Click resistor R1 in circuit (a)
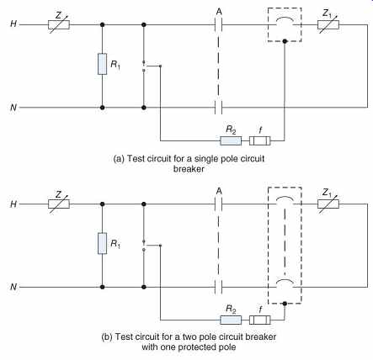[x=102, y=64]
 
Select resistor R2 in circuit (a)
[x=231, y=140]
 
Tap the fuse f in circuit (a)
[x=260, y=140]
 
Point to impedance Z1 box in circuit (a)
[x=328, y=24]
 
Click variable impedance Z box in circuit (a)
[x=59, y=24]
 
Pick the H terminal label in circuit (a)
[x=13, y=24]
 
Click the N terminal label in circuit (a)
[x=13, y=108]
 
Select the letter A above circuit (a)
[x=219, y=12]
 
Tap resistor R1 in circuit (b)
[x=102, y=243]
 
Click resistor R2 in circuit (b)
[x=231, y=320]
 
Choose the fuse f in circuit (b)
[x=260, y=320]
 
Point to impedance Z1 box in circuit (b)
[x=328, y=204]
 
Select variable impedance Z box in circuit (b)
[x=59, y=204]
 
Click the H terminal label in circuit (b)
[x=13, y=204]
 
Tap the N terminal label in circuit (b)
[x=13, y=287]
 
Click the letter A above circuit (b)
[x=219, y=191]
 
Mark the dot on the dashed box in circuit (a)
[x=285, y=41]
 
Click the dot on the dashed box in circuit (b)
[x=285, y=304]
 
